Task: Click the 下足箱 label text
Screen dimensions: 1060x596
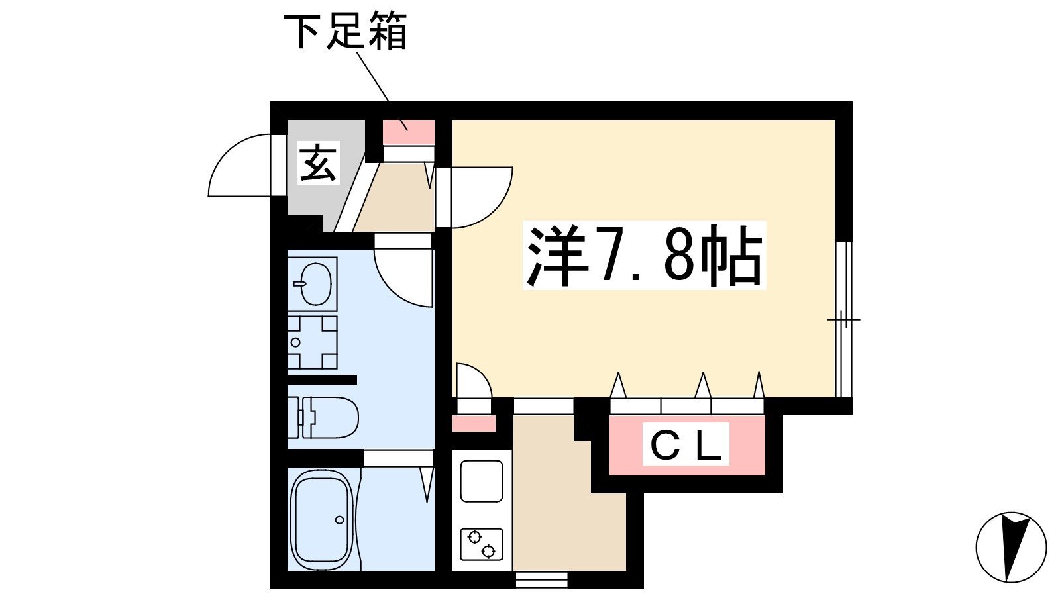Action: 345,32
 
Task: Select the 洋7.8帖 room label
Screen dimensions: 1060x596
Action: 644,255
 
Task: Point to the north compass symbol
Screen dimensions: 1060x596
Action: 1011,547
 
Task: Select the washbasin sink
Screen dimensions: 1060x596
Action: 312,284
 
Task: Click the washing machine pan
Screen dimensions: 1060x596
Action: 312,342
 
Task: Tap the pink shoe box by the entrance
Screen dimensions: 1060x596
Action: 408,132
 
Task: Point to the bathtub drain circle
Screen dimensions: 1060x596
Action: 339,520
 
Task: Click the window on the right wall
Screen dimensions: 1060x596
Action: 843,319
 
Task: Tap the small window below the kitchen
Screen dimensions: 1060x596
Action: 541,579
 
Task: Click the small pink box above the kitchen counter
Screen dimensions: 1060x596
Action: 474,423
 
